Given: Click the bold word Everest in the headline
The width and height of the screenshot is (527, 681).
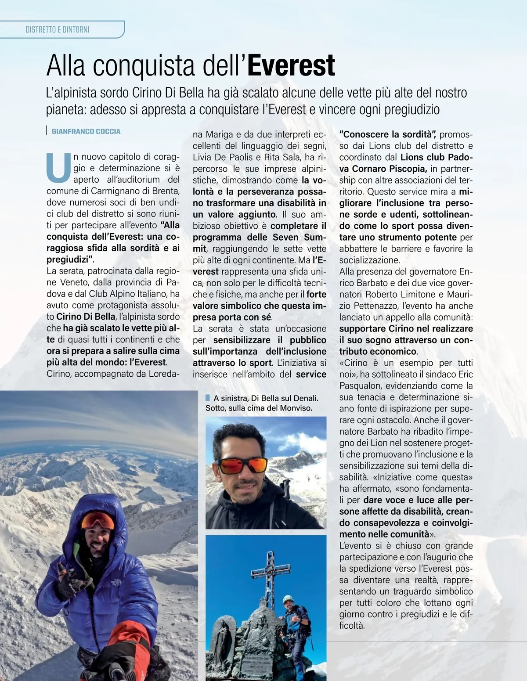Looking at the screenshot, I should (291, 66).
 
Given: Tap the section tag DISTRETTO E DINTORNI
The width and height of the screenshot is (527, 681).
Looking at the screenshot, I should (58, 30).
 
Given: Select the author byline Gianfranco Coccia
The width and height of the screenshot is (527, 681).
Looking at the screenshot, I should (86, 131).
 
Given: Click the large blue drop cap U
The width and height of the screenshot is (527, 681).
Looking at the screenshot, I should (58, 167).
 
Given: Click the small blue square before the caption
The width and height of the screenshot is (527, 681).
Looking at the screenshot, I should (208, 398).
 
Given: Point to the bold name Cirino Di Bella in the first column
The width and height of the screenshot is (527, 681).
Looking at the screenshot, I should (86, 317).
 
